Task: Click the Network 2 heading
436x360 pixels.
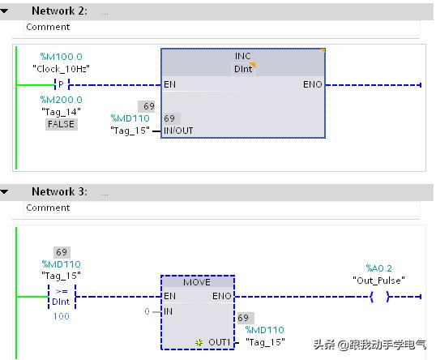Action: (59, 11)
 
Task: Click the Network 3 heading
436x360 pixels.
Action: (59, 192)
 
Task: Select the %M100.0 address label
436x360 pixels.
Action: (61, 57)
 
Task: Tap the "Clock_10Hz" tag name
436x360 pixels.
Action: (61, 69)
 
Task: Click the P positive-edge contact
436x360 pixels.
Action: (60, 84)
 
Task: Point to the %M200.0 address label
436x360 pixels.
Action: (61, 100)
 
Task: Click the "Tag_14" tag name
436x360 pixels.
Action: (61, 112)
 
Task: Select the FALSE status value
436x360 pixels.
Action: (61, 124)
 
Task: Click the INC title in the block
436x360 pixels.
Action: (242, 56)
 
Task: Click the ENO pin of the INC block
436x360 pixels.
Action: (312, 84)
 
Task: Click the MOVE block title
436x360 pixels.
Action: (197, 282)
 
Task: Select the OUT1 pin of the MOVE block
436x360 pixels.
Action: (220, 342)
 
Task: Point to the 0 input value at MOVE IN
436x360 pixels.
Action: (146, 311)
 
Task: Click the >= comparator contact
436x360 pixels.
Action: (61, 296)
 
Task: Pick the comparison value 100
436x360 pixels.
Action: (61, 315)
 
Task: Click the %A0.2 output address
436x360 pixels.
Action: (378, 268)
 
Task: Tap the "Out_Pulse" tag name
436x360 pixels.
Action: (378, 280)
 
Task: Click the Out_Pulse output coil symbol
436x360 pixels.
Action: (378, 297)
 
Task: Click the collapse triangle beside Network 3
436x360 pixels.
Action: (6, 192)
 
